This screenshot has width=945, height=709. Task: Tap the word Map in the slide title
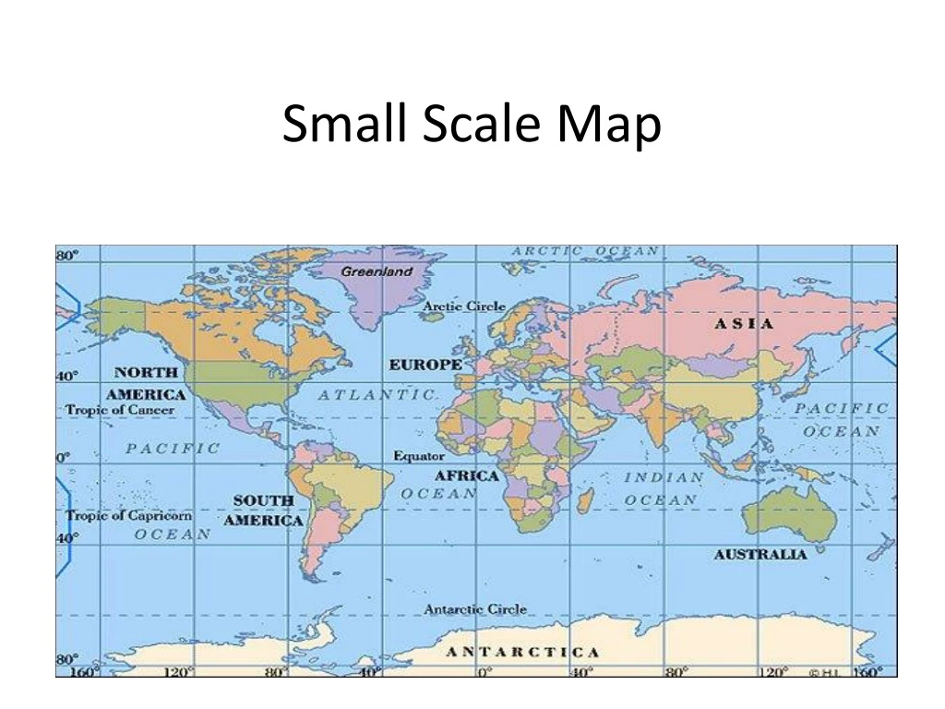pyautogui.click(x=609, y=125)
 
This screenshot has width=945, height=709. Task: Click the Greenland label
pyautogui.click(x=377, y=271)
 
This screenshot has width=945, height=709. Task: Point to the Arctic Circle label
pyautogui.click(x=464, y=306)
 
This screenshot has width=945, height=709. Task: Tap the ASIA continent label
pyautogui.click(x=744, y=324)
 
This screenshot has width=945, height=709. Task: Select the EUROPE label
pyautogui.click(x=425, y=366)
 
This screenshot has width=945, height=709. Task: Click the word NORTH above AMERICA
pyautogui.click(x=146, y=372)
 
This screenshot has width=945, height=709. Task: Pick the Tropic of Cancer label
pyautogui.click(x=120, y=410)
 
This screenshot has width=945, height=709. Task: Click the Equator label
pyautogui.click(x=419, y=456)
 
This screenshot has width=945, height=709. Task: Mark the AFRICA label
pyautogui.click(x=466, y=476)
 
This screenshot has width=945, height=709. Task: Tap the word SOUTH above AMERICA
pyautogui.click(x=263, y=500)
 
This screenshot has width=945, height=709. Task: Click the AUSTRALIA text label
pyautogui.click(x=760, y=555)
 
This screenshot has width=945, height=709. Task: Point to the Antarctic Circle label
pyautogui.click(x=475, y=609)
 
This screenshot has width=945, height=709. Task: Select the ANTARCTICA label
pyautogui.click(x=522, y=653)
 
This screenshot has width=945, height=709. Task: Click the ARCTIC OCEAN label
pyautogui.click(x=585, y=251)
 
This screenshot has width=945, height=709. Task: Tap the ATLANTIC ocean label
pyautogui.click(x=377, y=395)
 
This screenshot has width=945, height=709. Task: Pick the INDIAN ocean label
pyautogui.click(x=664, y=478)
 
